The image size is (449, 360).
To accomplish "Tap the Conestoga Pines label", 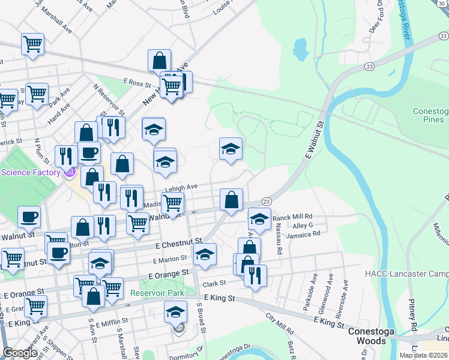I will (430, 115).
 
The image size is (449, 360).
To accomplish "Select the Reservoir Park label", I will (158, 293).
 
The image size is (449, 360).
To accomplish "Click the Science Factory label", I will (31, 173).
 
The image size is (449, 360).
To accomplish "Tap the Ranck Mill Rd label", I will (293, 216).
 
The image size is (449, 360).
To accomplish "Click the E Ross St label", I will (137, 81).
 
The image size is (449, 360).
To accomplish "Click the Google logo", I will (20, 353).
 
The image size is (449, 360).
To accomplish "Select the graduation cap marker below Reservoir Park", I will (175, 312).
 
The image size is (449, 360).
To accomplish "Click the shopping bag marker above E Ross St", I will (159, 60).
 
